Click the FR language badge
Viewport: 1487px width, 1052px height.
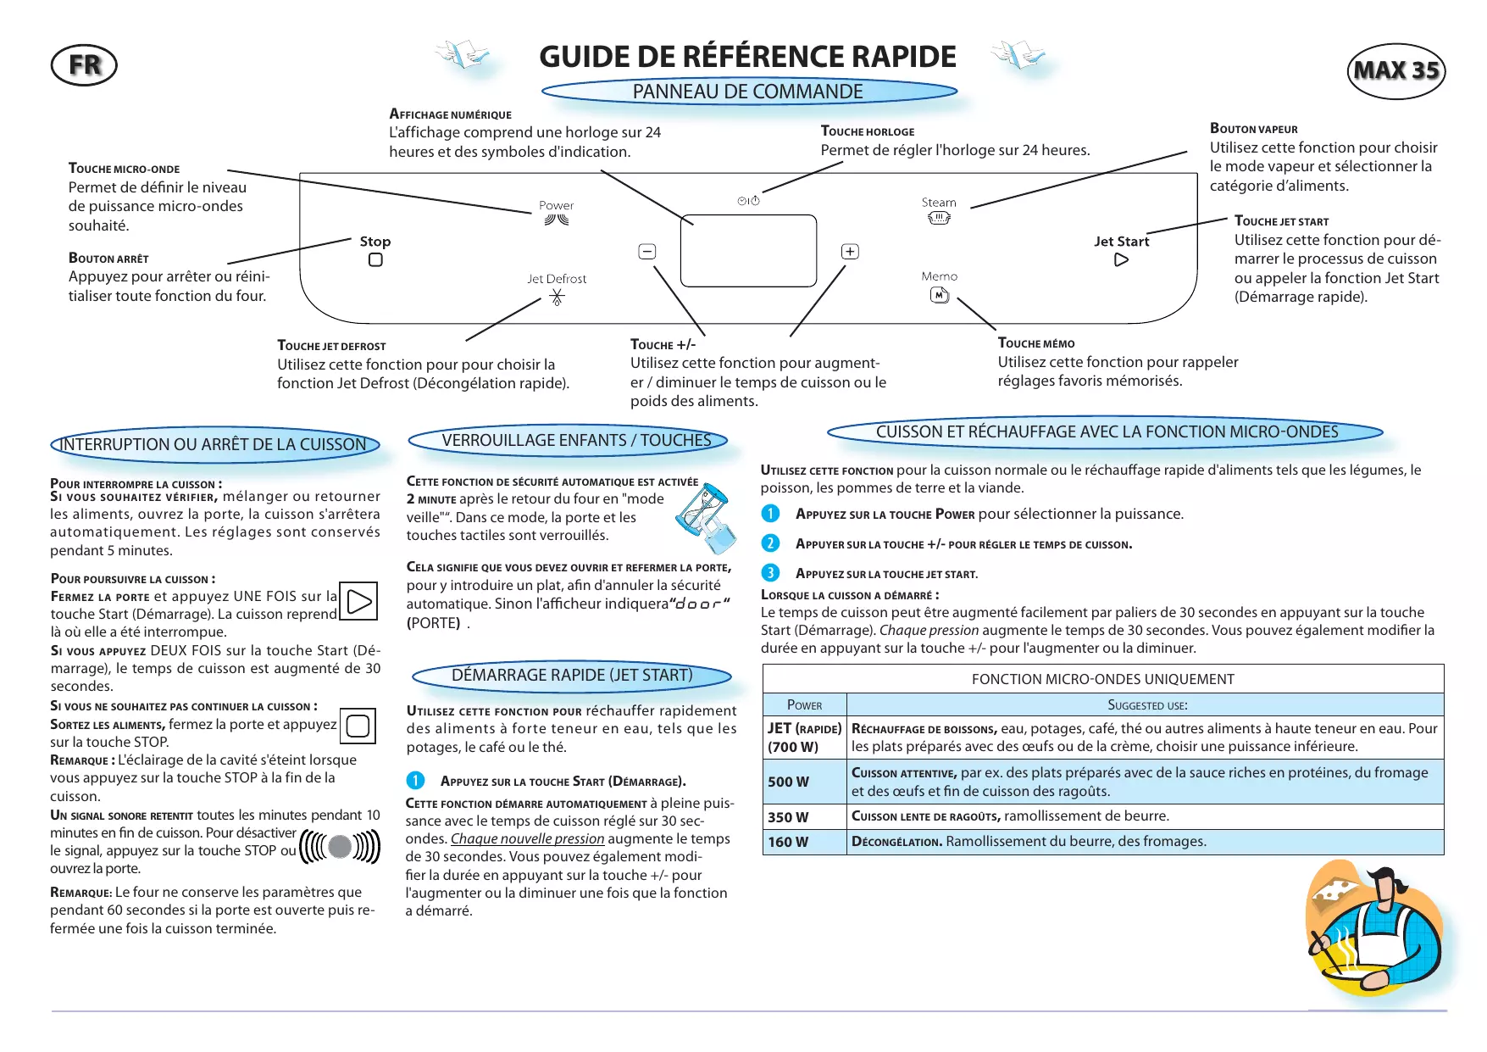coord(84,65)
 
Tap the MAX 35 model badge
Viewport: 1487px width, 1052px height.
coord(1395,70)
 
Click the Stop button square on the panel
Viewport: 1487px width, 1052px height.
coord(375,260)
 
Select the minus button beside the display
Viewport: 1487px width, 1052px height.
coord(646,252)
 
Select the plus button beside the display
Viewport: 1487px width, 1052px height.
coord(850,252)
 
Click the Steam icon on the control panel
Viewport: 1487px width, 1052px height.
coord(939,219)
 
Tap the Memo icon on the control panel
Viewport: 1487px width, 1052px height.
coord(940,295)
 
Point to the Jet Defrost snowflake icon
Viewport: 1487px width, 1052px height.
coord(557,297)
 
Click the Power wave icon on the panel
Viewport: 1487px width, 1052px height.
coord(557,220)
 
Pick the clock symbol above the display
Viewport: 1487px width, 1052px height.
coord(749,201)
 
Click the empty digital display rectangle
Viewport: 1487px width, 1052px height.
coord(748,251)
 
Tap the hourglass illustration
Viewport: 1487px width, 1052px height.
coord(706,517)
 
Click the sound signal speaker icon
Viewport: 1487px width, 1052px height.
coord(340,846)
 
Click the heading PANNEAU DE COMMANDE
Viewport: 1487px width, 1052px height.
coord(748,92)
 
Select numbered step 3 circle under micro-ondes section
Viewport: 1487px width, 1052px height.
coord(770,573)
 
